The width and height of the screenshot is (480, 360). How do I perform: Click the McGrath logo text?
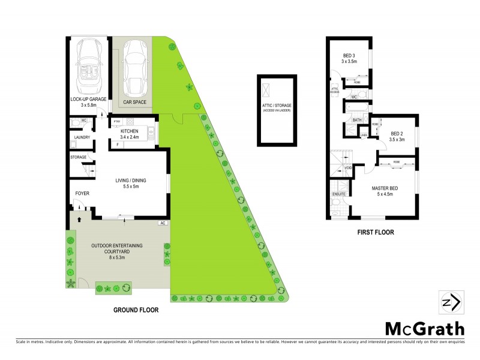coord(424,328)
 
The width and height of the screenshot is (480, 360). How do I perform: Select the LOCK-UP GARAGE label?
coord(88,100)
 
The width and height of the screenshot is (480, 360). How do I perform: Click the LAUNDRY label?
coord(82,137)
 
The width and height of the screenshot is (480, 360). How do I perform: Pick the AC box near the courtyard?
coord(161,223)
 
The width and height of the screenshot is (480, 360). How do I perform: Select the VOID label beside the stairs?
coord(349,169)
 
